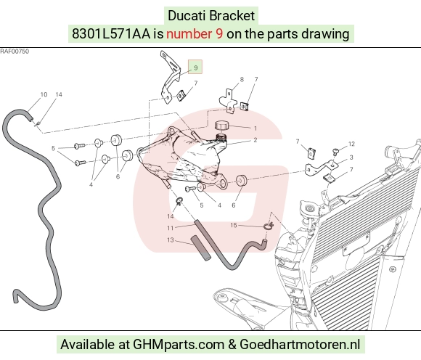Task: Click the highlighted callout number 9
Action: coord(195,67)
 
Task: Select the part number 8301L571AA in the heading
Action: coord(111,34)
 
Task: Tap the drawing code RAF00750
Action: coord(15,52)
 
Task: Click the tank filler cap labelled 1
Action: coord(222,126)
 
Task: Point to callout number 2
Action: coord(255,140)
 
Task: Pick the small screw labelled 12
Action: coord(335,152)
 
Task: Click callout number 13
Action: coord(171,240)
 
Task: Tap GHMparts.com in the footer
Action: coord(179,345)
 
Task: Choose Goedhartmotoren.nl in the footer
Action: coord(299,345)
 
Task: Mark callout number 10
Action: coord(44,94)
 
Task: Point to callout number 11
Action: coord(171,228)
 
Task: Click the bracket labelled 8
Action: coord(228,101)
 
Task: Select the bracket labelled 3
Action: coord(322,167)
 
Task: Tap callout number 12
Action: coord(351,144)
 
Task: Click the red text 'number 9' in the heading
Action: coord(195,34)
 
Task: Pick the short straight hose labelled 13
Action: coord(200,247)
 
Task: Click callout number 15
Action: coord(234,225)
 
